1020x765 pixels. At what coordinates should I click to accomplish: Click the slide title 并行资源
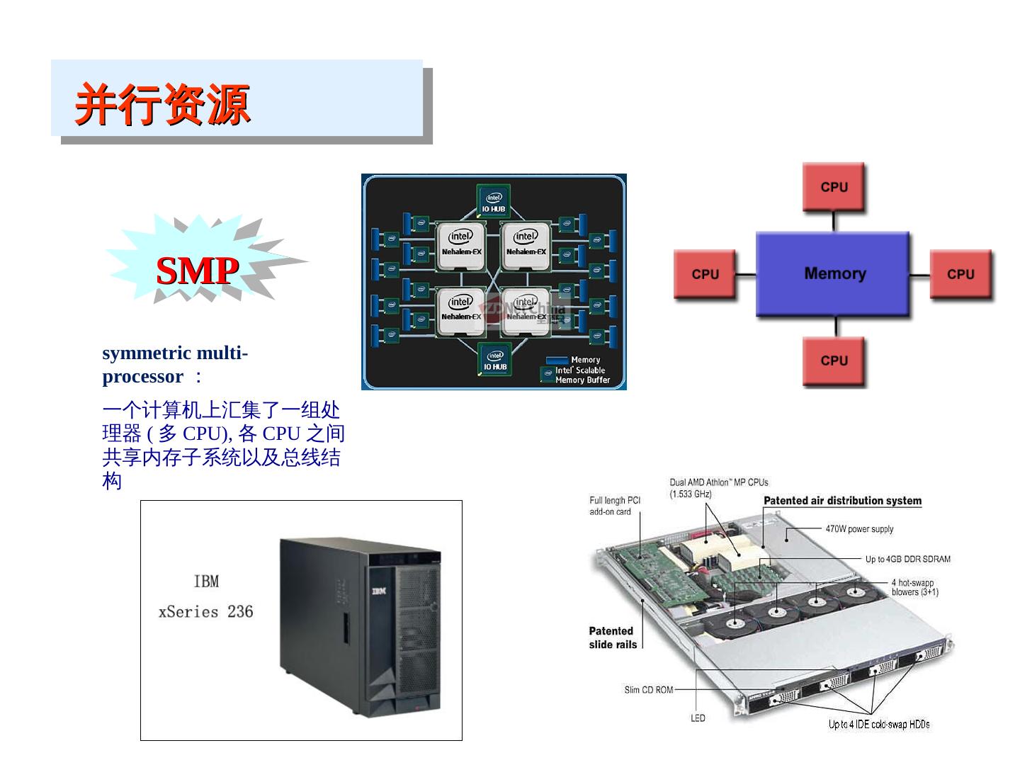pyautogui.click(x=163, y=105)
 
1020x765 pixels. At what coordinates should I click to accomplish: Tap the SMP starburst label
pyautogui.click(x=197, y=271)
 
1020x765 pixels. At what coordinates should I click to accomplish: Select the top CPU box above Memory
pyautogui.click(x=834, y=187)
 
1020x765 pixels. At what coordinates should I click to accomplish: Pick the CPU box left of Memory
pyautogui.click(x=705, y=273)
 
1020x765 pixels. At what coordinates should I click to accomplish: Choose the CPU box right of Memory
pyautogui.click(x=960, y=273)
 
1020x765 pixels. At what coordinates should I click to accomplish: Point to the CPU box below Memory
pyautogui.click(x=834, y=361)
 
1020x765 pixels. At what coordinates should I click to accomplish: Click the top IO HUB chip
pyautogui.click(x=494, y=201)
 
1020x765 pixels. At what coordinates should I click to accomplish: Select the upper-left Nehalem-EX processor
pyautogui.click(x=461, y=245)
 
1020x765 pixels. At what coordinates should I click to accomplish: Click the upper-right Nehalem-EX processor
pyautogui.click(x=526, y=245)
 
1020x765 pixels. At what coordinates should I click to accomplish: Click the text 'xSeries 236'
pyautogui.click(x=205, y=612)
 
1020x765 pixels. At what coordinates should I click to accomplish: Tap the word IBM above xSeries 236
pyautogui.click(x=206, y=582)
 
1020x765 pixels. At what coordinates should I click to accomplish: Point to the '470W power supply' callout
pyautogui.click(x=859, y=529)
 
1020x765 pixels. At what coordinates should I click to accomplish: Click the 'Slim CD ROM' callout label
pyautogui.click(x=648, y=689)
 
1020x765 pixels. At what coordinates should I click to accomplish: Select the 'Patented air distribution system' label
pyautogui.click(x=842, y=501)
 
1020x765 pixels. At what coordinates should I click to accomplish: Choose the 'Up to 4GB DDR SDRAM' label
pyautogui.click(x=907, y=559)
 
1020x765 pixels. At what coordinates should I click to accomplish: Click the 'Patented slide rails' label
pyautogui.click(x=612, y=637)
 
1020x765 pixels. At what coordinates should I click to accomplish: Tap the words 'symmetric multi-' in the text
pyautogui.click(x=175, y=353)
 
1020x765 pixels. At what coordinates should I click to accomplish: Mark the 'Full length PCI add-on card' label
pyautogui.click(x=614, y=506)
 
